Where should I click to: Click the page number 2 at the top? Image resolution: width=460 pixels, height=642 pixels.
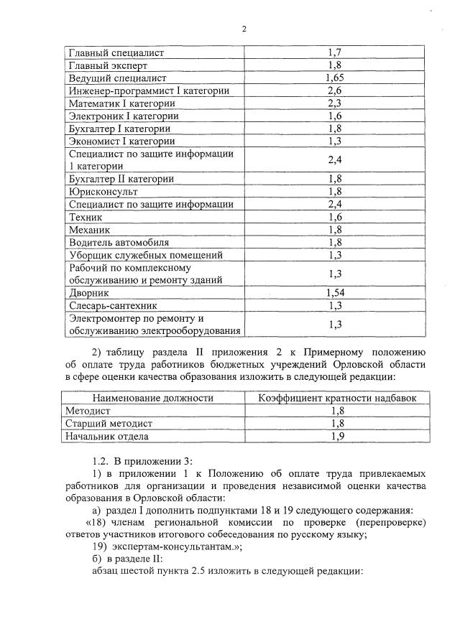pyautogui.click(x=244, y=29)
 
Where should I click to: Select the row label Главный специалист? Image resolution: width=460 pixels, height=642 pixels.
pyautogui.click(x=116, y=52)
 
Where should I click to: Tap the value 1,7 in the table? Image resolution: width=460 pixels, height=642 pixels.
pyautogui.click(x=333, y=52)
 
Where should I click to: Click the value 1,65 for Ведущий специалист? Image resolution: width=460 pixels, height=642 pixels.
pyautogui.click(x=333, y=78)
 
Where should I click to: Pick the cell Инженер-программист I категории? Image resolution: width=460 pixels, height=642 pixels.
pyautogui.click(x=149, y=90)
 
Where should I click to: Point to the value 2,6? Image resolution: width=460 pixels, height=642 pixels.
pyautogui.click(x=333, y=90)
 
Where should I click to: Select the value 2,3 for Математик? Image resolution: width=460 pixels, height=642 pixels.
pyautogui.click(x=333, y=103)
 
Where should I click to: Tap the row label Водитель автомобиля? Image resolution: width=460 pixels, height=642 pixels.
pyautogui.click(x=119, y=243)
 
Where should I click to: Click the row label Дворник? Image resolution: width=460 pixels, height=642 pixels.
pyautogui.click(x=88, y=293)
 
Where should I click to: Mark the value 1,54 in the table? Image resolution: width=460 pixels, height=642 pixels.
pyautogui.click(x=333, y=293)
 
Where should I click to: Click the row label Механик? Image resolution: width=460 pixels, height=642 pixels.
pyautogui.click(x=88, y=230)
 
